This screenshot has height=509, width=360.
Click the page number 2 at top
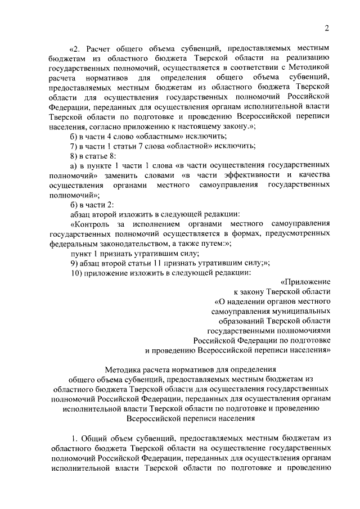326,29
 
